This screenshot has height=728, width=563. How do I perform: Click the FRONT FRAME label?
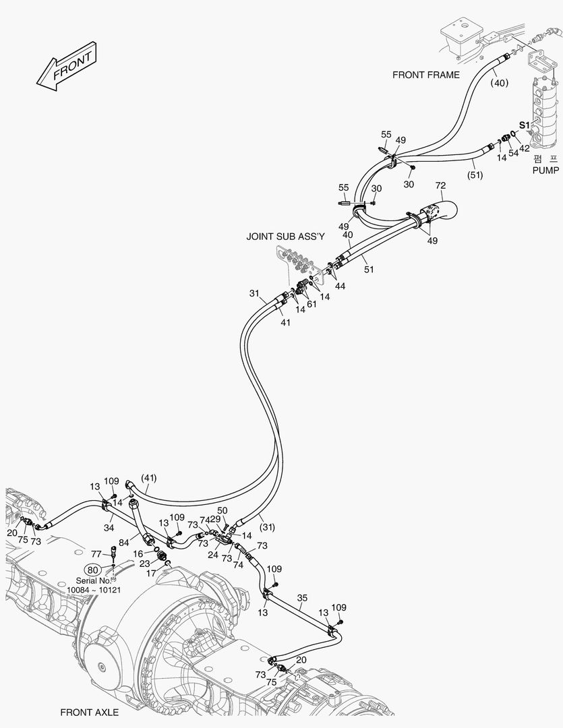[x=426, y=75]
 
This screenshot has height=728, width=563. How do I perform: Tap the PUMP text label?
[x=545, y=171]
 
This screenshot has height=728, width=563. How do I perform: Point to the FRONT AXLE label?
[x=89, y=712]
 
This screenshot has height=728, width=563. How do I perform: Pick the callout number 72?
[x=440, y=185]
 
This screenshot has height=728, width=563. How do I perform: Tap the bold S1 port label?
[x=525, y=125]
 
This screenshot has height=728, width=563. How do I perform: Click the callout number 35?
[x=302, y=598]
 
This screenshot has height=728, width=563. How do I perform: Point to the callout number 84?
[x=123, y=543]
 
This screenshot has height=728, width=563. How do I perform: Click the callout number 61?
[x=311, y=304]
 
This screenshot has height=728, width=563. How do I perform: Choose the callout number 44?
[x=340, y=286]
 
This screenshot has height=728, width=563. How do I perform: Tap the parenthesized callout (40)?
[x=499, y=83]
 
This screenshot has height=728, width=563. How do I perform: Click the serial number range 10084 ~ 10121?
[x=94, y=590]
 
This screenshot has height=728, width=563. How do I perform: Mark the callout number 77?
[x=96, y=553]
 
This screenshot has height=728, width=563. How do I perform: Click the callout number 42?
[x=525, y=148]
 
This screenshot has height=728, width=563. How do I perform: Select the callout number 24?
[x=213, y=555]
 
